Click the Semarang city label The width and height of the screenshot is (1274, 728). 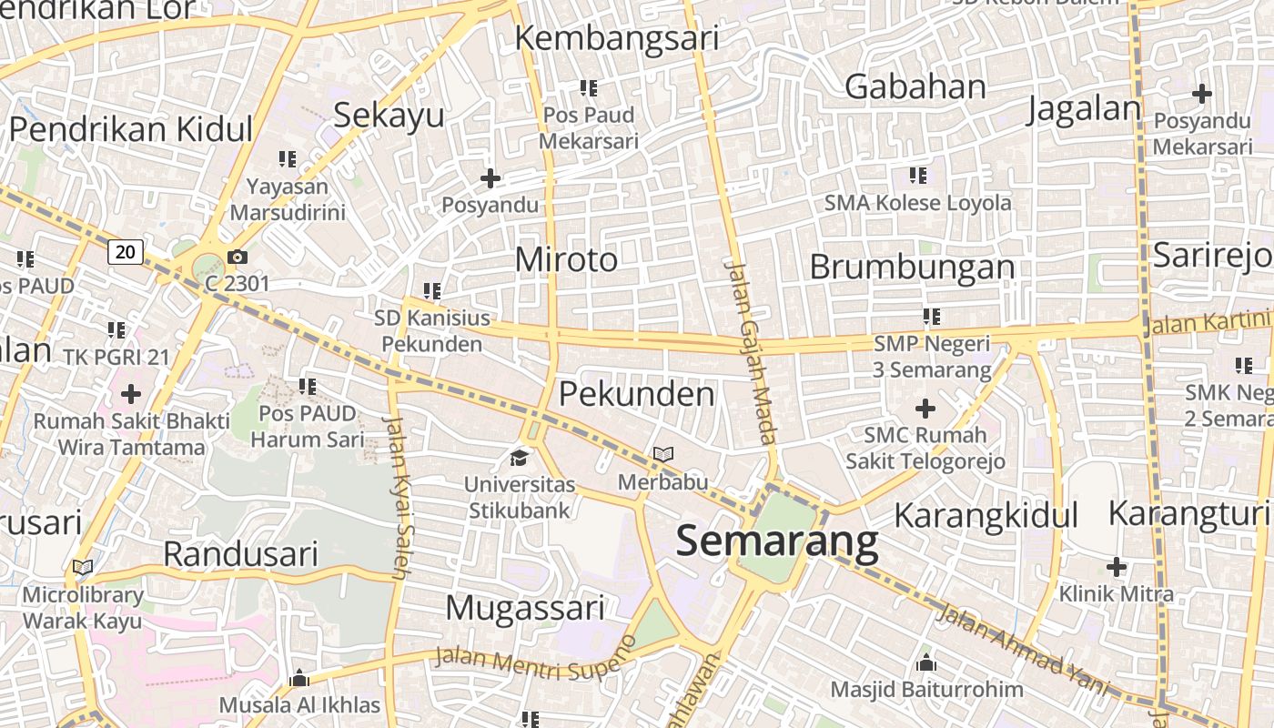coord(777,541)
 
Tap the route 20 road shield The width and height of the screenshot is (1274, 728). coord(126,251)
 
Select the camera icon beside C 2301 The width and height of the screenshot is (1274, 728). coord(238,258)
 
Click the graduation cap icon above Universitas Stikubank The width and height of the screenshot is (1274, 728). coord(519,457)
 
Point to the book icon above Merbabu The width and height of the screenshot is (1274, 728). coord(663,454)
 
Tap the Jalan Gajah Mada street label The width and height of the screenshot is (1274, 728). coord(752,353)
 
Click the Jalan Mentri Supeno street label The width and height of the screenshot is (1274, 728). coord(536,659)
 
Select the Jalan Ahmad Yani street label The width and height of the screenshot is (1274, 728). coord(1024,649)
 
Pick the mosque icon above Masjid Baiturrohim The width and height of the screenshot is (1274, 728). coord(926,662)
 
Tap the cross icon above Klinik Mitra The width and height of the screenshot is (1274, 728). coord(1117,567)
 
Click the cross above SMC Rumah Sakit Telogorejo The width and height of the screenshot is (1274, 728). coord(925,409)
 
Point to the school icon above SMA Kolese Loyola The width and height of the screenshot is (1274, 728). coord(917,175)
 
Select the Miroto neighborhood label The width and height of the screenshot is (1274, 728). coord(566,260)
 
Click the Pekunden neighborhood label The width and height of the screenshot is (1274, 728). coord(636,394)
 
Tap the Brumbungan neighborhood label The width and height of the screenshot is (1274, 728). coord(912,268)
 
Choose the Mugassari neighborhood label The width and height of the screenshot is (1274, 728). coord(525,607)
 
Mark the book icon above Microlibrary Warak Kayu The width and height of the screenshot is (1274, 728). coord(83,568)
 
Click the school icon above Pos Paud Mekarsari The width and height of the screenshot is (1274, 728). coord(589,88)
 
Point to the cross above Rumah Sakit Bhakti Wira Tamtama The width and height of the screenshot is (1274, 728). coord(131,394)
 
